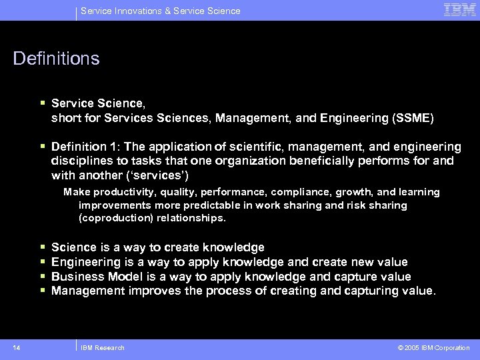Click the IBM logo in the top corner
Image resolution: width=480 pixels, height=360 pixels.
point(460,10)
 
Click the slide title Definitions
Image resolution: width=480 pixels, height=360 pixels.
point(56,59)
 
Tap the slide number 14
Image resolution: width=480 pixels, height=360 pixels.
point(17,347)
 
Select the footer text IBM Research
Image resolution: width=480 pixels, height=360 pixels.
point(102,347)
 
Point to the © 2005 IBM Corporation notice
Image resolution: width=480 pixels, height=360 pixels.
point(433,347)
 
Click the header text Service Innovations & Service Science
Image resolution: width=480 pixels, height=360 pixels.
point(160,11)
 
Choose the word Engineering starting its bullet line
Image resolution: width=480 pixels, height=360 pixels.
point(85,262)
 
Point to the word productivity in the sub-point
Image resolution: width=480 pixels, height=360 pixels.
point(116,192)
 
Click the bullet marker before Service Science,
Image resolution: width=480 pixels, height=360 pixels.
point(43,104)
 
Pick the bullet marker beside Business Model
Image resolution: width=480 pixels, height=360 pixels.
point(43,276)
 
